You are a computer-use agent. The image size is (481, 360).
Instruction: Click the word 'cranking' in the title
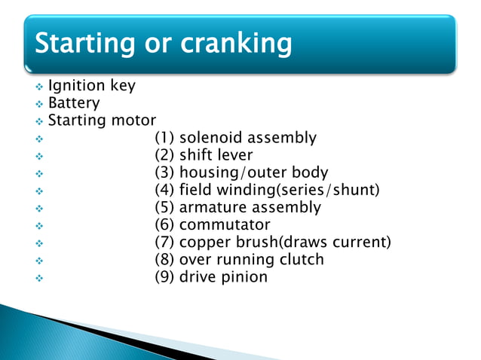(236, 44)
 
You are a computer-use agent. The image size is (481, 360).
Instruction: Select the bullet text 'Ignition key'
(91, 85)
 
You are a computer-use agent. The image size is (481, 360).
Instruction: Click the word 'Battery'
(74, 102)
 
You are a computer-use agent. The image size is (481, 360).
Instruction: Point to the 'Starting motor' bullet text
(102, 120)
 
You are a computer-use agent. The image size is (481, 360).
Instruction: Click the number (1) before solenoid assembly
(164, 138)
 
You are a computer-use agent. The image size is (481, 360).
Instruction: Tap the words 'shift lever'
(216, 155)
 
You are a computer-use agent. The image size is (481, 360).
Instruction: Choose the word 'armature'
(213, 207)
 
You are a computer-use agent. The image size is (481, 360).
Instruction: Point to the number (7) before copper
(164, 242)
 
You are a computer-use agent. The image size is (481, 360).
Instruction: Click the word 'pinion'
(244, 276)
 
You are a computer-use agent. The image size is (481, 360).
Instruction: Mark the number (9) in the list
(164, 276)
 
